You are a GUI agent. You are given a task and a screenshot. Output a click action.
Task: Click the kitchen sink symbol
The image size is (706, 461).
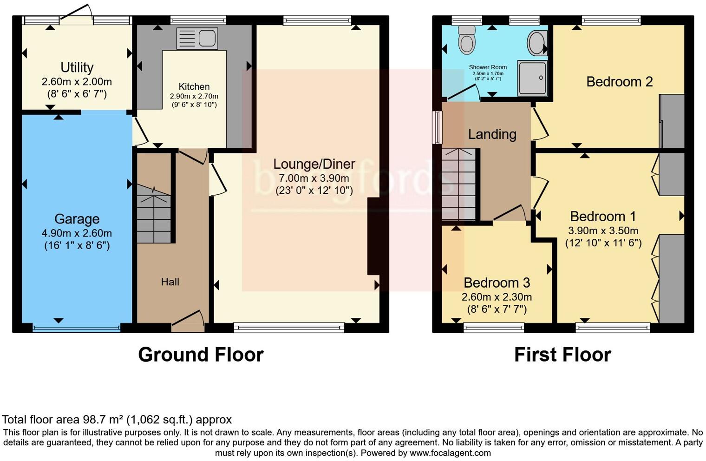[x=197, y=39]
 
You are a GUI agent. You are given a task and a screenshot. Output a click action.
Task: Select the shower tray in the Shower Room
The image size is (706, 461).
[x=532, y=78]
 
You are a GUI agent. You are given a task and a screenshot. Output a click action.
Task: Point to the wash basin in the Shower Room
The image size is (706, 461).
[x=537, y=43]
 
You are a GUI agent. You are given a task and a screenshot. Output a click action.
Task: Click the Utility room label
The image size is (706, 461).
[x=77, y=68]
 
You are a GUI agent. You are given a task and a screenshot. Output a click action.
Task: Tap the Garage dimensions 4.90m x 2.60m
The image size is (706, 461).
[x=77, y=233]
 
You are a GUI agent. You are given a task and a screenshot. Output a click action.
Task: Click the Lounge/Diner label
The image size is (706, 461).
[x=314, y=164]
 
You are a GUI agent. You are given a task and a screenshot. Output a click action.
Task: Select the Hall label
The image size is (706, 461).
[x=170, y=282]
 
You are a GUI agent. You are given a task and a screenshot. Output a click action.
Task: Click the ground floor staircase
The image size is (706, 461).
[x=154, y=214]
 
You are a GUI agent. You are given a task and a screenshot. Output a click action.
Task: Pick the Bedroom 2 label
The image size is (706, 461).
[x=619, y=82]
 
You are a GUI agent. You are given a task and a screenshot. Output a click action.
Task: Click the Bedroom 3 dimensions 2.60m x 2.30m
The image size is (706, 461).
[x=497, y=297]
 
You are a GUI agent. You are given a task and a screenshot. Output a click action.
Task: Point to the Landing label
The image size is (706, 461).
[x=492, y=134]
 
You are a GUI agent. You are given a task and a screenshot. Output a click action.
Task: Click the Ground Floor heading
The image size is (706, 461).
[x=201, y=355]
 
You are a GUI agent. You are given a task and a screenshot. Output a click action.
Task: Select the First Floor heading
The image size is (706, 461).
[x=562, y=355]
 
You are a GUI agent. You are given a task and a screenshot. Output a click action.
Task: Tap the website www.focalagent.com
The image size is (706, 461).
[x=450, y=453]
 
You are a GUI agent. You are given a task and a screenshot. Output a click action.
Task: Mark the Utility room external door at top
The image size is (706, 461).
[x=76, y=17]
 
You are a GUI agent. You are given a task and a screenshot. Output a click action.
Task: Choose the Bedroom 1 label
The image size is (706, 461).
[x=602, y=217]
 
